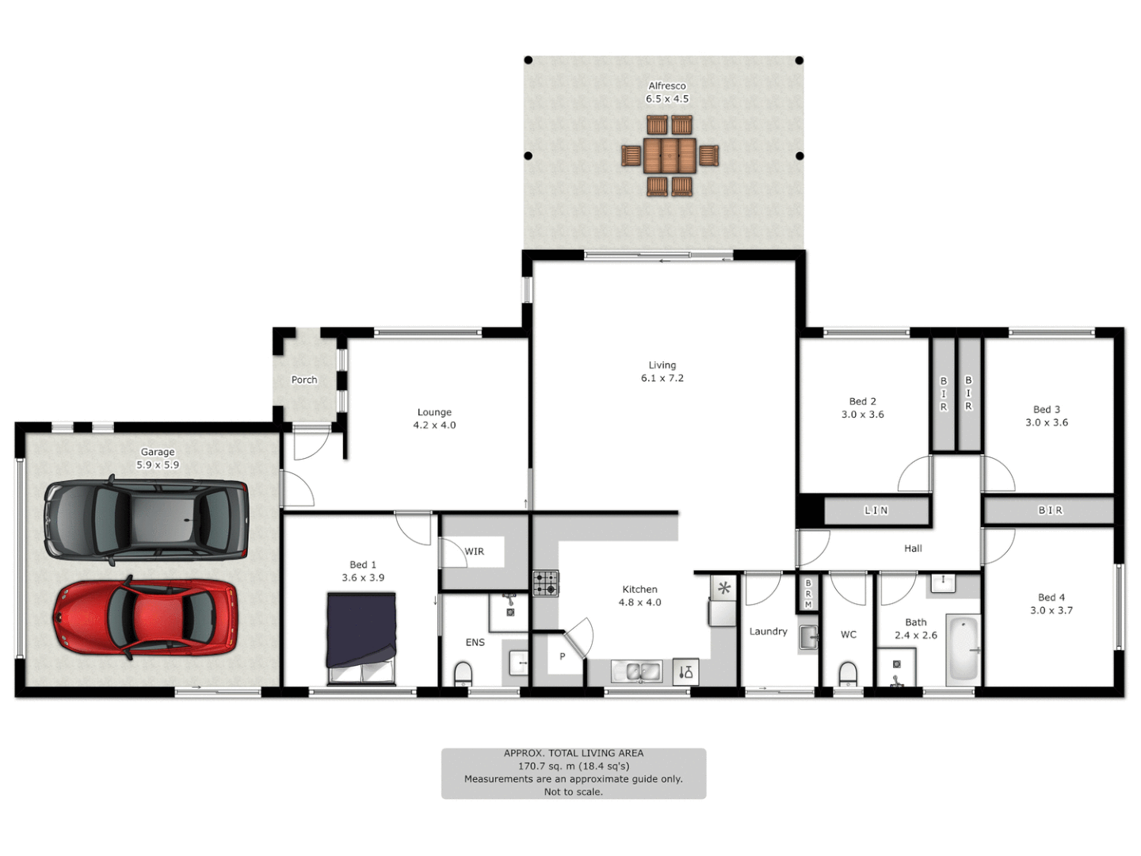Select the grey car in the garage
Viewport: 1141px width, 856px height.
[147, 519]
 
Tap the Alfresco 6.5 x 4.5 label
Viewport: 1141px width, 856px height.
[667, 93]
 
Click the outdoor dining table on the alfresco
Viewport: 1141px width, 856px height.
[670, 155]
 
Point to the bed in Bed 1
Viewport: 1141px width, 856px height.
[361, 638]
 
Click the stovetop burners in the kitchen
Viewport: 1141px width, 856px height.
[545, 583]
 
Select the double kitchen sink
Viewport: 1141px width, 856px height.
[637, 671]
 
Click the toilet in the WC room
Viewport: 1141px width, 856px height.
[848, 675]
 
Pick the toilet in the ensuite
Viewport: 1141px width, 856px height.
[463, 674]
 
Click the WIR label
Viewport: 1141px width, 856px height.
[474, 552]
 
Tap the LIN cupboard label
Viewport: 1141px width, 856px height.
[876, 510]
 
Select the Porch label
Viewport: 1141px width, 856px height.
[304, 380]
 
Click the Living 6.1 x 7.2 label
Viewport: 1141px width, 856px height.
[662, 372]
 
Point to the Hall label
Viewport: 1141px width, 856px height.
[913, 548]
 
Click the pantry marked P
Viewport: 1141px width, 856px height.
[563, 656]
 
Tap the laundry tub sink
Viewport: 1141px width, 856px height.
[807, 637]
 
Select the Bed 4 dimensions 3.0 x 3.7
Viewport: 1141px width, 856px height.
[1051, 610]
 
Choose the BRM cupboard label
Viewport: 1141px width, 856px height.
[808, 594]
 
